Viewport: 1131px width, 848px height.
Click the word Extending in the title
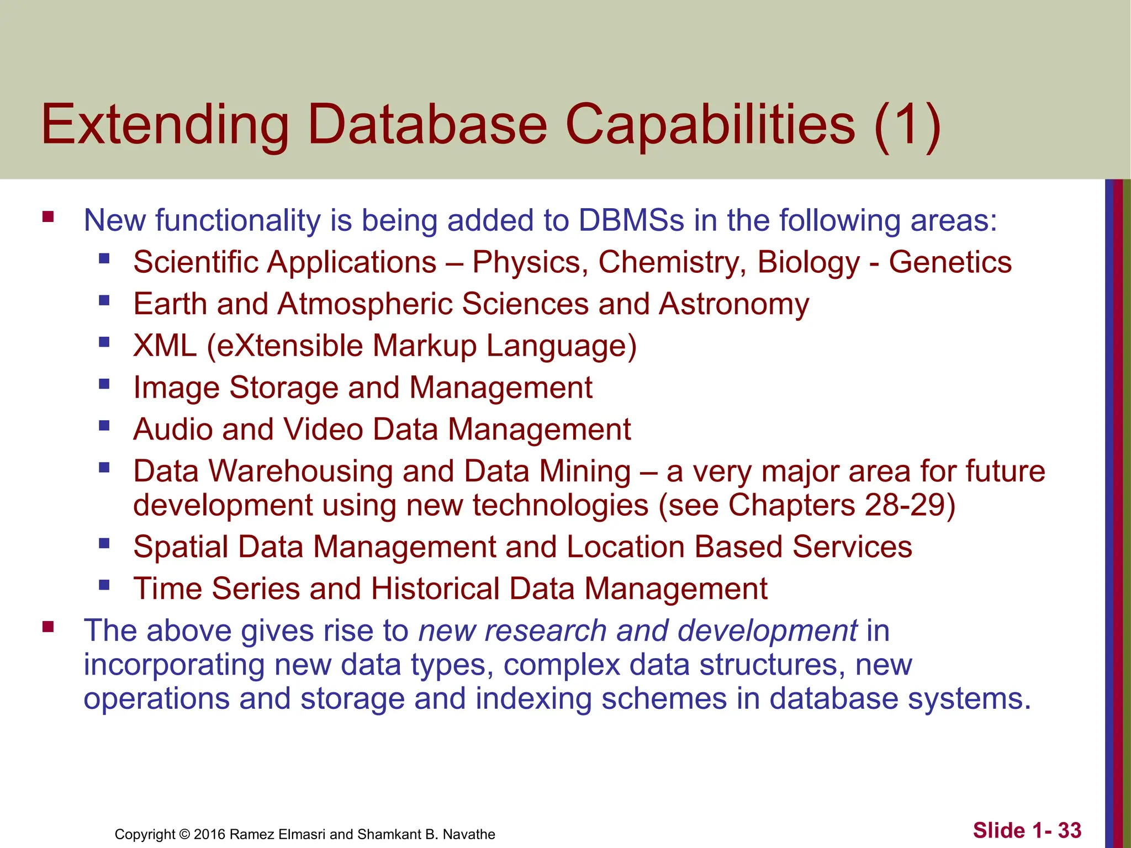click(165, 126)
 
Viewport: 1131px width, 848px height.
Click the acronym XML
click(165, 346)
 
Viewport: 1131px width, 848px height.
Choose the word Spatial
click(181, 547)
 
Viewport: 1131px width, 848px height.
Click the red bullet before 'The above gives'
click(48, 627)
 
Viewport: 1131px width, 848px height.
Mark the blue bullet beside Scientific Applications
click(104, 258)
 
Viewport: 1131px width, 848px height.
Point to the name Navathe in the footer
click(469, 834)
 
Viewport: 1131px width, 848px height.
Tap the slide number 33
click(1070, 830)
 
